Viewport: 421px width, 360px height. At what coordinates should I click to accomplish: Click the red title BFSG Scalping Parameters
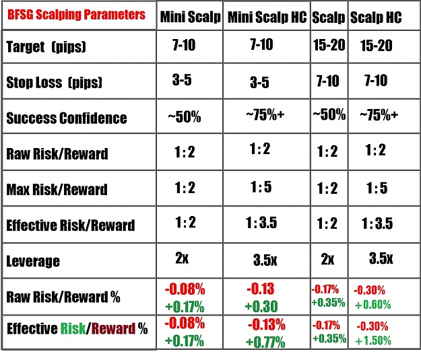click(x=76, y=15)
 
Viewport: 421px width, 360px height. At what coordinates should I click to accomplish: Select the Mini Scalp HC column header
click(x=267, y=17)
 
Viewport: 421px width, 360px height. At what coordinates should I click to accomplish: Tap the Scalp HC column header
click(x=376, y=17)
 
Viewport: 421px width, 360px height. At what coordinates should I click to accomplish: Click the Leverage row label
click(x=33, y=261)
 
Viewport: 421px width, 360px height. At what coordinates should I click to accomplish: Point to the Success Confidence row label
click(x=67, y=118)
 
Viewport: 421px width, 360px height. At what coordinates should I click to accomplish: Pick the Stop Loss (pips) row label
click(x=55, y=82)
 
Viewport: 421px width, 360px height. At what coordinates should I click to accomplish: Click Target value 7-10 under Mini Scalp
click(x=184, y=45)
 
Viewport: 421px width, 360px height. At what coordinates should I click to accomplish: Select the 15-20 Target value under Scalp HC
click(x=376, y=45)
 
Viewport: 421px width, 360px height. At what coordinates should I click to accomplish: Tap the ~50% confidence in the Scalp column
click(x=329, y=114)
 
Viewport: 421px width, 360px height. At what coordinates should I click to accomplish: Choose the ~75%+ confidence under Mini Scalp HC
click(x=265, y=115)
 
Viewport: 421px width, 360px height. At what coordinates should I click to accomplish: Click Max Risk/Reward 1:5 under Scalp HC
click(x=377, y=188)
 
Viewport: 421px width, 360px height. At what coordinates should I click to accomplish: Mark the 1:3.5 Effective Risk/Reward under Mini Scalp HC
click(x=261, y=223)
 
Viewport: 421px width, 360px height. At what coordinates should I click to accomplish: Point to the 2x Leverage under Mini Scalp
click(x=182, y=258)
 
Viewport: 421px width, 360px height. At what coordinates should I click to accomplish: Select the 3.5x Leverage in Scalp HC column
click(x=381, y=258)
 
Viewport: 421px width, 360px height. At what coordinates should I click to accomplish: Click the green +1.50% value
click(x=373, y=340)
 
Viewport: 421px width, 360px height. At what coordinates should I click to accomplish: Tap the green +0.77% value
click(x=265, y=342)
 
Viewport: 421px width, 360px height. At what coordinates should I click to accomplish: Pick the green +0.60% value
click(x=373, y=304)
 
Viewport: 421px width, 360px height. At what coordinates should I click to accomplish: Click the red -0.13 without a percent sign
click(x=261, y=289)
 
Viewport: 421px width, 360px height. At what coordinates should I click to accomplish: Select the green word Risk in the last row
click(x=73, y=328)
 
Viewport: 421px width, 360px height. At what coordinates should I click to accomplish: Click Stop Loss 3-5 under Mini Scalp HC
click(x=259, y=82)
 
